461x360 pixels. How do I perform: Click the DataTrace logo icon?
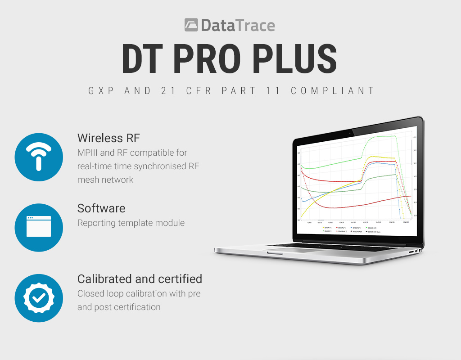(x=191, y=25)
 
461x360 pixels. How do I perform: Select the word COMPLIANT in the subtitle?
(x=333, y=90)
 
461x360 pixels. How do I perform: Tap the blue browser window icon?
(x=39, y=227)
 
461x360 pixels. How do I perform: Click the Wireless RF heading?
(x=108, y=138)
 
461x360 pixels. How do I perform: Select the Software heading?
(x=101, y=208)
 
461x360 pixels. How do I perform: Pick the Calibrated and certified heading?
(x=140, y=279)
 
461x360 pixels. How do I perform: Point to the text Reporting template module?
(x=131, y=223)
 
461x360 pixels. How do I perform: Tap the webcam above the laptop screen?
(x=350, y=133)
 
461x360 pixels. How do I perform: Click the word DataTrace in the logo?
(x=238, y=25)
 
